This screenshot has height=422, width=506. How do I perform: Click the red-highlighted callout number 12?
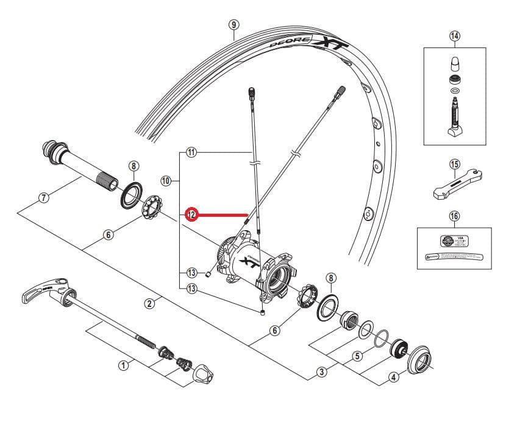pos(191,214)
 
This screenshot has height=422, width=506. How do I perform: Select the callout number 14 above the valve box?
pos(454,35)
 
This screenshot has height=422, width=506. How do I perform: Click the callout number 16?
pos(454,216)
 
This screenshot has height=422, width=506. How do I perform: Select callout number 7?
pos(43,197)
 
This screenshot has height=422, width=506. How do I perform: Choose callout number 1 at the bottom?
pos(124,365)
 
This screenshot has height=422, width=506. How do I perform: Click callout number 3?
pos(321,371)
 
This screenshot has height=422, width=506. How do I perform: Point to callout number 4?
pos(393,377)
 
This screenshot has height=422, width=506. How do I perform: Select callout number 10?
pos(165,180)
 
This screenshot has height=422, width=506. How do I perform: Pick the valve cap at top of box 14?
pos(454,63)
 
